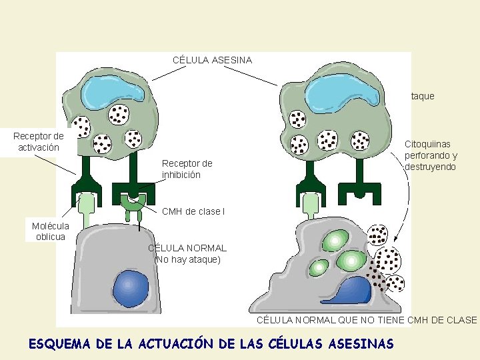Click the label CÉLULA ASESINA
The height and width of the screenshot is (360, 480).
point(212,60)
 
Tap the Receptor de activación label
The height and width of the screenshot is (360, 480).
point(39,141)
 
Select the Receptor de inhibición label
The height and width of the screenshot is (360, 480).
point(187,169)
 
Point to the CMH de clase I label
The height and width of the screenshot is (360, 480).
point(193,211)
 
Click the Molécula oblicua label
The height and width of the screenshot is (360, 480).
point(51,231)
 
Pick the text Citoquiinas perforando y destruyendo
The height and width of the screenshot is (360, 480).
point(430,155)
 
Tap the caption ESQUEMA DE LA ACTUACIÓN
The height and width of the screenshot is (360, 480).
point(211,344)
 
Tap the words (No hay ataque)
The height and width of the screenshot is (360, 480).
point(187,259)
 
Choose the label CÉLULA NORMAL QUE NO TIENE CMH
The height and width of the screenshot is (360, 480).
point(367,320)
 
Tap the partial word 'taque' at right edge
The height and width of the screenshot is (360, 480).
point(423,96)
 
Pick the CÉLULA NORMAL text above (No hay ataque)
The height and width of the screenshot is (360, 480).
point(187,248)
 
